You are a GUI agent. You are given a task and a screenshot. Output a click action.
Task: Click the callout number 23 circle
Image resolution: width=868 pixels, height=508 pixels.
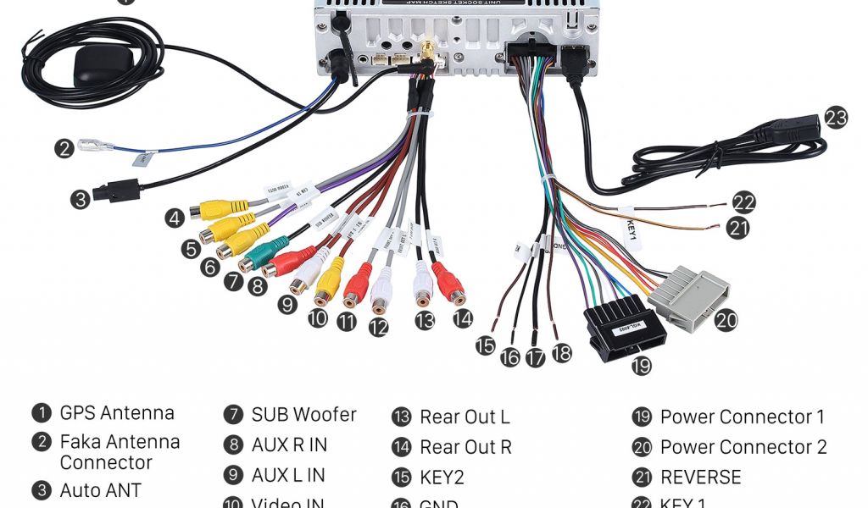[836, 118]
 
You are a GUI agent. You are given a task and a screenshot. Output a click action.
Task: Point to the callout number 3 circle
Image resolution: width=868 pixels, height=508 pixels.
[80, 201]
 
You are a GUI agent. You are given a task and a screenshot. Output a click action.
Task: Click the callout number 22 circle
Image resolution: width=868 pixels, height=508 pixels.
[743, 203]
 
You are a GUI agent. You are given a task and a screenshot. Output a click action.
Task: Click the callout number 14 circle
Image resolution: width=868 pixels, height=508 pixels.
[462, 319]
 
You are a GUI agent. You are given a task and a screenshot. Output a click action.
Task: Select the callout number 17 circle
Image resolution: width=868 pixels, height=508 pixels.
[535, 357]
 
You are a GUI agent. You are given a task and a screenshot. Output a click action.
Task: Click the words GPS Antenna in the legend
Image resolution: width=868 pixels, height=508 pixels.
[117, 413]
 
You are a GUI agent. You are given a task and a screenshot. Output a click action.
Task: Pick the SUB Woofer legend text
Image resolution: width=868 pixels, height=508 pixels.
[303, 415]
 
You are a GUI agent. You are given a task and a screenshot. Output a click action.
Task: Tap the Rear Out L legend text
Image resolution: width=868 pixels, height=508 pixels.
[465, 417]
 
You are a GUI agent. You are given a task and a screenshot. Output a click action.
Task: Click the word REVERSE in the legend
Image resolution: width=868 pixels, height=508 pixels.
[700, 477]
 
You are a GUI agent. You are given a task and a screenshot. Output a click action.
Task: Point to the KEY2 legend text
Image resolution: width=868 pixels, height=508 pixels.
[442, 478]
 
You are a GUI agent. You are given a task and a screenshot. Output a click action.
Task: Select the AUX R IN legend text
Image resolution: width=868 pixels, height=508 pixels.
[289, 445]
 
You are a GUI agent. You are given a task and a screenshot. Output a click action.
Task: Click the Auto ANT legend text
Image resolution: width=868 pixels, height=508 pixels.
[100, 491]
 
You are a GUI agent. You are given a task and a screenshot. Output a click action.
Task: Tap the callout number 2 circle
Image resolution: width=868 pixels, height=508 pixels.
[64, 150]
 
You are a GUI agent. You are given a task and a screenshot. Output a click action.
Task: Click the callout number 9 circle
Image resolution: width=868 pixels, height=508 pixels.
[288, 305]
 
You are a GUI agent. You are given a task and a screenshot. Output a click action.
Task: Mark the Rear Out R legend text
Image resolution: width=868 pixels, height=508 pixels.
[465, 447]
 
